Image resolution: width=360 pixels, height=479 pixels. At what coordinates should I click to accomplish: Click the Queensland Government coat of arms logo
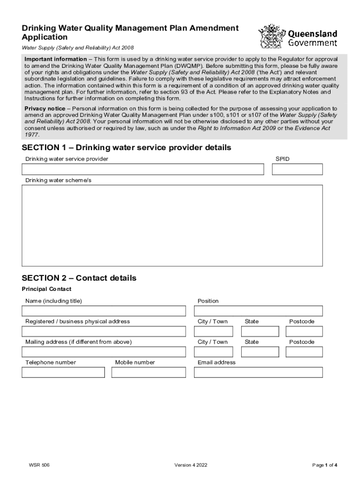coord(271,36)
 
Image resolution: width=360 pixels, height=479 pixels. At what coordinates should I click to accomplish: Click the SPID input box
coord(297,169)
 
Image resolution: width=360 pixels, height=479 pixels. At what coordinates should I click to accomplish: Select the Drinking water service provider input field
coord(143,169)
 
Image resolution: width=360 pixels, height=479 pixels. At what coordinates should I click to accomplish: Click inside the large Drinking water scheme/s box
coord(172,225)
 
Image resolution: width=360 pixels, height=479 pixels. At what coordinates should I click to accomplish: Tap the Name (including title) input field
coord(103,311)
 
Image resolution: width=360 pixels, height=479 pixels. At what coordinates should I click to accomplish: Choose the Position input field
coord(258,311)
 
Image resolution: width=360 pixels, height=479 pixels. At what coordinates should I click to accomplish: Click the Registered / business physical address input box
coord(103,332)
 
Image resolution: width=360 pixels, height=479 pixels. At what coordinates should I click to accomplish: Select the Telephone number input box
coord(63,372)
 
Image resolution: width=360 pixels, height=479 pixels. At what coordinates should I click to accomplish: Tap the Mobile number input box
coord(148,372)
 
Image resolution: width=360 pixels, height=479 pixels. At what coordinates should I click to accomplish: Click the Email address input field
coord(258,372)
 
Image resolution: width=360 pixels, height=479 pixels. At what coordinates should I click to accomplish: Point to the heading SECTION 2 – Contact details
coord(79,278)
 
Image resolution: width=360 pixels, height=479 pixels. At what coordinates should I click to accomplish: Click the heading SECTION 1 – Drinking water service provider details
coord(126,148)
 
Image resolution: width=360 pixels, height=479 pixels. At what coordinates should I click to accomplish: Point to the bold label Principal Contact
coord(47,289)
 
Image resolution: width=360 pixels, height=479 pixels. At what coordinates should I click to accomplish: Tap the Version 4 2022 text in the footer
coord(191,465)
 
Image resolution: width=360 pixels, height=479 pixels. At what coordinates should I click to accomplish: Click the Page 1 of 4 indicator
coord(324,465)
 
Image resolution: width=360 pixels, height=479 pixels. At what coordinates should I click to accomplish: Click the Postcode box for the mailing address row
coord(304,352)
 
